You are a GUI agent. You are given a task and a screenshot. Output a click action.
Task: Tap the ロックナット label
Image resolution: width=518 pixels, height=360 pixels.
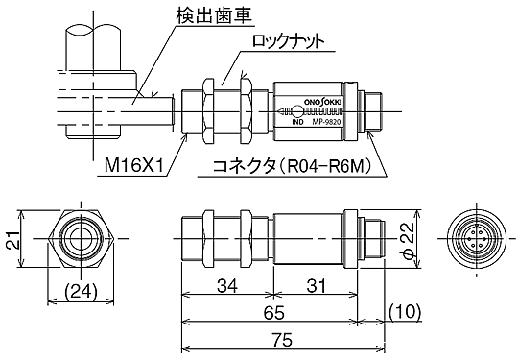pyautogui.click(x=285, y=42)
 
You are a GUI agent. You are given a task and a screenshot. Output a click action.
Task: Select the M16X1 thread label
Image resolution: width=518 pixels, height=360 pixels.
pyautogui.click(x=133, y=167)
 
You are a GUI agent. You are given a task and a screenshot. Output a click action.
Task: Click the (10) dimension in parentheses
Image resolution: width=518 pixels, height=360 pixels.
pyautogui.click(x=405, y=313)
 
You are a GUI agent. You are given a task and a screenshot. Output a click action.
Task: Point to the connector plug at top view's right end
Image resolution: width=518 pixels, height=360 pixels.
pyautogui.click(x=374, y=108)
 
